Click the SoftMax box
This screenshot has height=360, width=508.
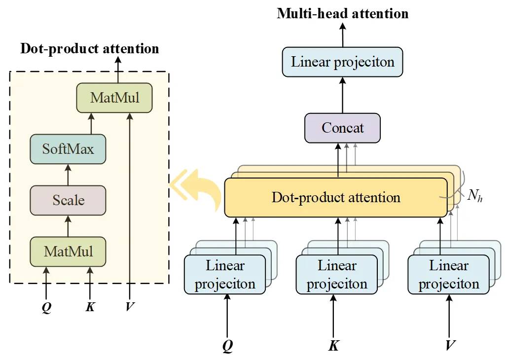(68, 149)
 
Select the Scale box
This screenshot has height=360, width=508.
(68, 200)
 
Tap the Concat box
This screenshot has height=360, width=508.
(342, 128)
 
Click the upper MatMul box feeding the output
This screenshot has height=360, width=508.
(114, 98)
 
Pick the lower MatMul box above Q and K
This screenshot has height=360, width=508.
(68, 252)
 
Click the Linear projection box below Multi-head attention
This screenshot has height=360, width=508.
(342, 62)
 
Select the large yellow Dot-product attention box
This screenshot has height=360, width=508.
(336, 198)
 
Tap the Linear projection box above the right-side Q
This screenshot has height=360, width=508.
(224, 275)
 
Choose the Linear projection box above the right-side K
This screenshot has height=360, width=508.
(337, 275)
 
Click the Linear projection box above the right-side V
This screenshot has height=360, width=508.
(449, 275)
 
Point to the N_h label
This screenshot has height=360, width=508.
(474, 196)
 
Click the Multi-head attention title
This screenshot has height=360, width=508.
(342, 13)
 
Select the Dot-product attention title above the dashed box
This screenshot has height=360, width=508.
(89, 49)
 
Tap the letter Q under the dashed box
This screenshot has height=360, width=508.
(46, 307)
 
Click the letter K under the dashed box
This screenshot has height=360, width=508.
(90, 307)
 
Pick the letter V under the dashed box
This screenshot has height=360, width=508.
(130, 307)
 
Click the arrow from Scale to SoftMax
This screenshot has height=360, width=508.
(68, 175)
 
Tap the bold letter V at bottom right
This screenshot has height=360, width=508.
(449, 345)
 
